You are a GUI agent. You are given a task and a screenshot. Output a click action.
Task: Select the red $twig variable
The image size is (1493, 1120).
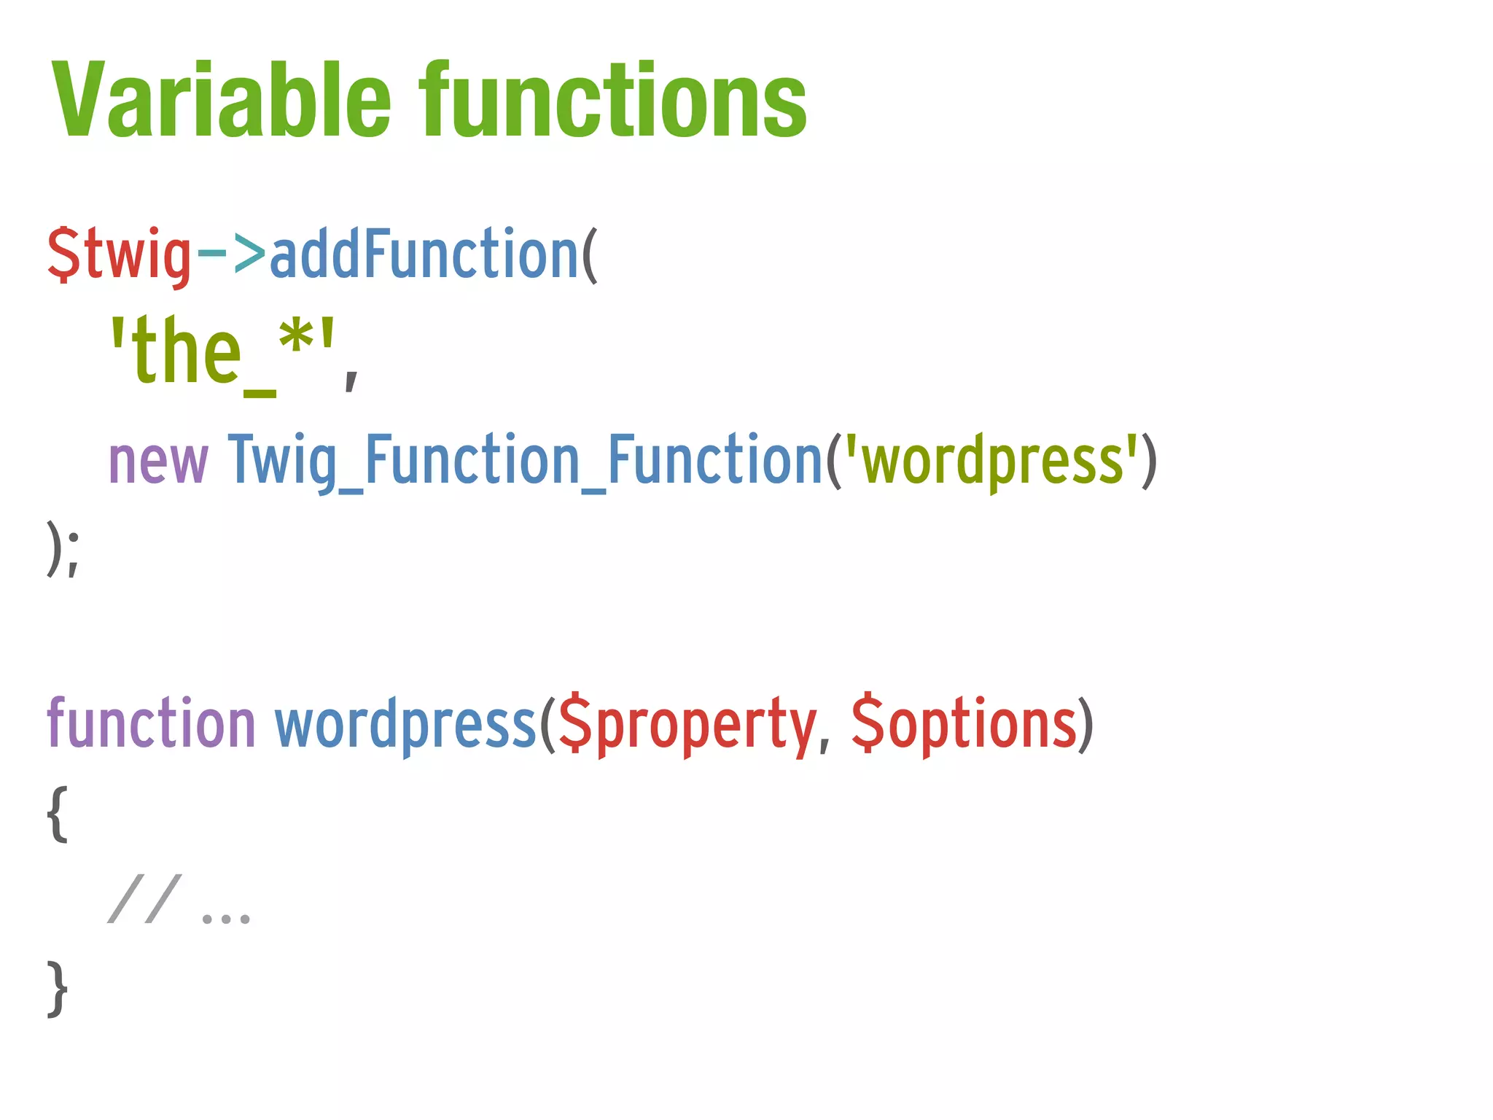pyautogui.click(x=119, y=255)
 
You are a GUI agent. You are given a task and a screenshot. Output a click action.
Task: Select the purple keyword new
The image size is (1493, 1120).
pyautogui.click(x=158, y=461)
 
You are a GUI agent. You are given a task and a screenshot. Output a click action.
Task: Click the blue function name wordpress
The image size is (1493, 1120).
pyautogui.click(x=405, y=724)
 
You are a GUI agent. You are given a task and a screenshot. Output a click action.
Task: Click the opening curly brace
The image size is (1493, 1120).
pyautogui.click(x=58, y=814)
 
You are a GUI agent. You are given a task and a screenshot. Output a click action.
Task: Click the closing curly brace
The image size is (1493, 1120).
pyautogui.click(x=58, y=989)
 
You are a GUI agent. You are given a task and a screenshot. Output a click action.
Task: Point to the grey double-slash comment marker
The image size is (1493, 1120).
pyautogui.click(x=144, y=899)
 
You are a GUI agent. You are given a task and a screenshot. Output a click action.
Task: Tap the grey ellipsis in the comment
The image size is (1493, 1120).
pyautogui.click(x=226, y=917)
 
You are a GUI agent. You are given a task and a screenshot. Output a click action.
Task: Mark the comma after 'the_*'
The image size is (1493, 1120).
pyautogui.click(x=351, y=379)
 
